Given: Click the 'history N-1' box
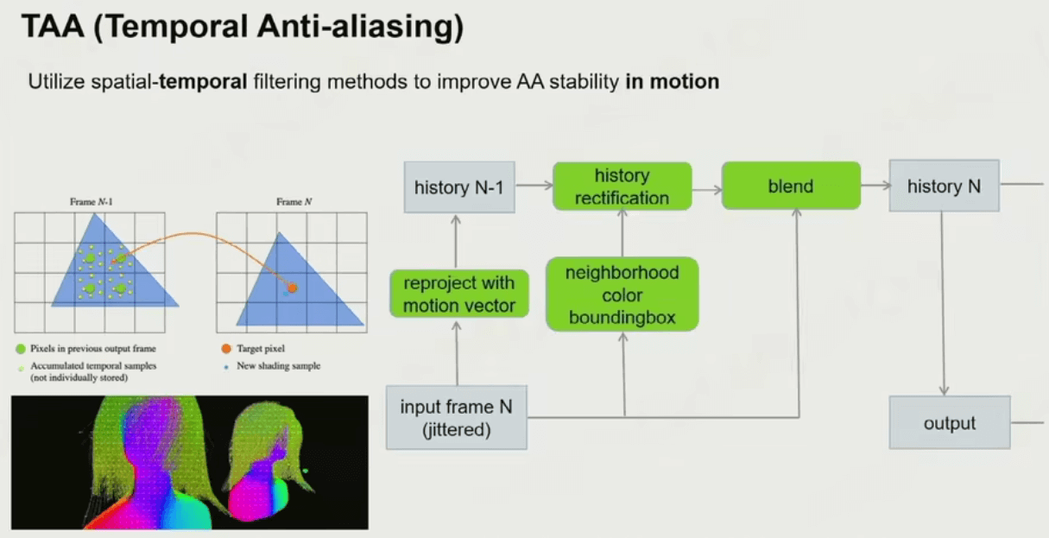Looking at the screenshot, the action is pyautogui.click(x=459, y=187).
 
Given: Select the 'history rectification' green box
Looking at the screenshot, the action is pyautogui.click(x=622, y=187).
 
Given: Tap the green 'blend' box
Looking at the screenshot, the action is pyautogui.click(x=791, y=186).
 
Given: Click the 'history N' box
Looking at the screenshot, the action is pyautogui.click(x=945, y=186).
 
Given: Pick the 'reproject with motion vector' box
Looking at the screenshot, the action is pyautogui.click(x=459, y=294).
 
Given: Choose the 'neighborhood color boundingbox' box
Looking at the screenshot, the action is pyautogui.click(x=622, y=294).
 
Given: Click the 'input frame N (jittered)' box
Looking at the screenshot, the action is pyautogui.click(x=457, y=418).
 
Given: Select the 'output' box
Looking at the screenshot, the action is pyautogui.click(x=950, y=423).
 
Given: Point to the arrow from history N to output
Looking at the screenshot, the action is pyautogui.click(x=943, y=303).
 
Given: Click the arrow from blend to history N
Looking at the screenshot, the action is pyautogui.click(x=875, y=186).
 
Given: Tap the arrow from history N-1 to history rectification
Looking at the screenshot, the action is pyautogui.click(x=534, y=186).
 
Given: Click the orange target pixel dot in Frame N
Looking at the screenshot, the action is pyautogui.click(x=293, y=288).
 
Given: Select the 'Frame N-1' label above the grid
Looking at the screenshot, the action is pyautogui.click(x=92, y=202).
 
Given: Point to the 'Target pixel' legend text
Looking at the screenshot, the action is pyautogui.click(x=261, y=348).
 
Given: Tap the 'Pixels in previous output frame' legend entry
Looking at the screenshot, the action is pyautogui.click(x=85, y=348).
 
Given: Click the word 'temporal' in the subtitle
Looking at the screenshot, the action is pyautogui.click(x=203, y=82).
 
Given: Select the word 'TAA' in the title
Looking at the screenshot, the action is pyautogui.click(x=53, y=26).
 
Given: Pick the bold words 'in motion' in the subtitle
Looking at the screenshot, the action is pyautogui.click(x=673, y=81).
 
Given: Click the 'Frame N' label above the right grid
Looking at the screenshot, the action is pyautogui.click(x=294, y=202).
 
